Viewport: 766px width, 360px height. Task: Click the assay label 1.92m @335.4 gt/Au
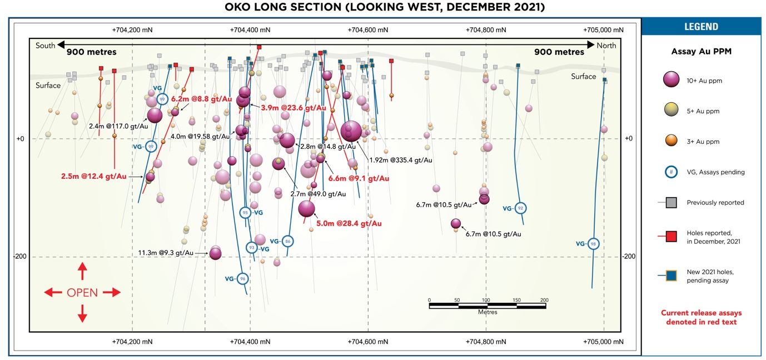[x=401, y=160]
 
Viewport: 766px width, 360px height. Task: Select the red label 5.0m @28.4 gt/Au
[x=349, y=223]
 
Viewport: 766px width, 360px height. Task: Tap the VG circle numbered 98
[x=594, y=244]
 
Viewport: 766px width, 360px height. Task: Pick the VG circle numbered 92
[x=520, y=208]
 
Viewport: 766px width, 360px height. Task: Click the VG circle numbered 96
[x=242, y=278]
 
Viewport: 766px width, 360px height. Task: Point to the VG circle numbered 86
[x=287, y=241]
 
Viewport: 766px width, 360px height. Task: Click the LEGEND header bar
[x=701, y=27]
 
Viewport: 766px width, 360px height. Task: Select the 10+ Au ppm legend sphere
[x=671, y=81]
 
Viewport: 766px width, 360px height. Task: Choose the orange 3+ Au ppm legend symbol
[x=671, y=142]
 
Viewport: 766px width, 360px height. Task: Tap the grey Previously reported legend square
[x=671, y=203]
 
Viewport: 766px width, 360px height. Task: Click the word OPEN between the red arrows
[x=82, y=293]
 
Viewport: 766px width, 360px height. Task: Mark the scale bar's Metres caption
[x=488, y=312]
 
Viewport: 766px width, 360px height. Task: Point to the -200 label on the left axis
[x=21, y=257]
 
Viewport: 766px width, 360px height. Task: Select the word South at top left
[x=45, y=46]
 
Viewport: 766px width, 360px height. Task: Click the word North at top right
[x=606, y=46]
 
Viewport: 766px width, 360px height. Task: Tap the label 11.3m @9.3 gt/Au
[x=166, y=253]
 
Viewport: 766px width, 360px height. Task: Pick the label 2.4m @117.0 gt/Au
[x=118, y=126]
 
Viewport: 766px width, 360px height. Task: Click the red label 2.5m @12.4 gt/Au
[x=94, y=177]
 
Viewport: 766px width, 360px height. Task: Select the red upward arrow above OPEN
[x=82, y=271]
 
